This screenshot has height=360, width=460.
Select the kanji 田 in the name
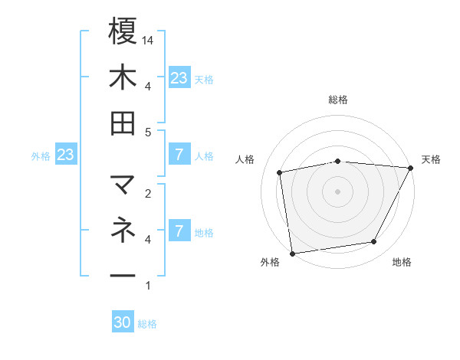[123, 123]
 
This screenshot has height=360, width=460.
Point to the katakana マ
[123, 185]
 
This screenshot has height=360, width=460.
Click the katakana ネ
[123, 229]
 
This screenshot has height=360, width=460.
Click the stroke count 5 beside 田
[148, 133]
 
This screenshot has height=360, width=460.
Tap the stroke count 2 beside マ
[148, 194]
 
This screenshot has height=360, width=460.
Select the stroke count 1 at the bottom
[148, 286]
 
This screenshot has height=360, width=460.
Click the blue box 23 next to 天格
[179, 77]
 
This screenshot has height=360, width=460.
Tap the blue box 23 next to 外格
[66, 155]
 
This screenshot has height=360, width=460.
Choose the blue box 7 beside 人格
[179, 155]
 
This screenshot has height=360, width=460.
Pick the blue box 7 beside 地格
[179, 231]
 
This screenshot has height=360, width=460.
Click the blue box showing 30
[123, 323]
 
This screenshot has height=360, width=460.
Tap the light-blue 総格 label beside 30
[148, 324]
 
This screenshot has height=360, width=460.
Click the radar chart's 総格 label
[338, 100]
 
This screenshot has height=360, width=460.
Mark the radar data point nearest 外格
[292, 252]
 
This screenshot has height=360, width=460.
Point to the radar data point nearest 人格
[280, 172]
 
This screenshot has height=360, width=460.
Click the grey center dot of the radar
[338, 191]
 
